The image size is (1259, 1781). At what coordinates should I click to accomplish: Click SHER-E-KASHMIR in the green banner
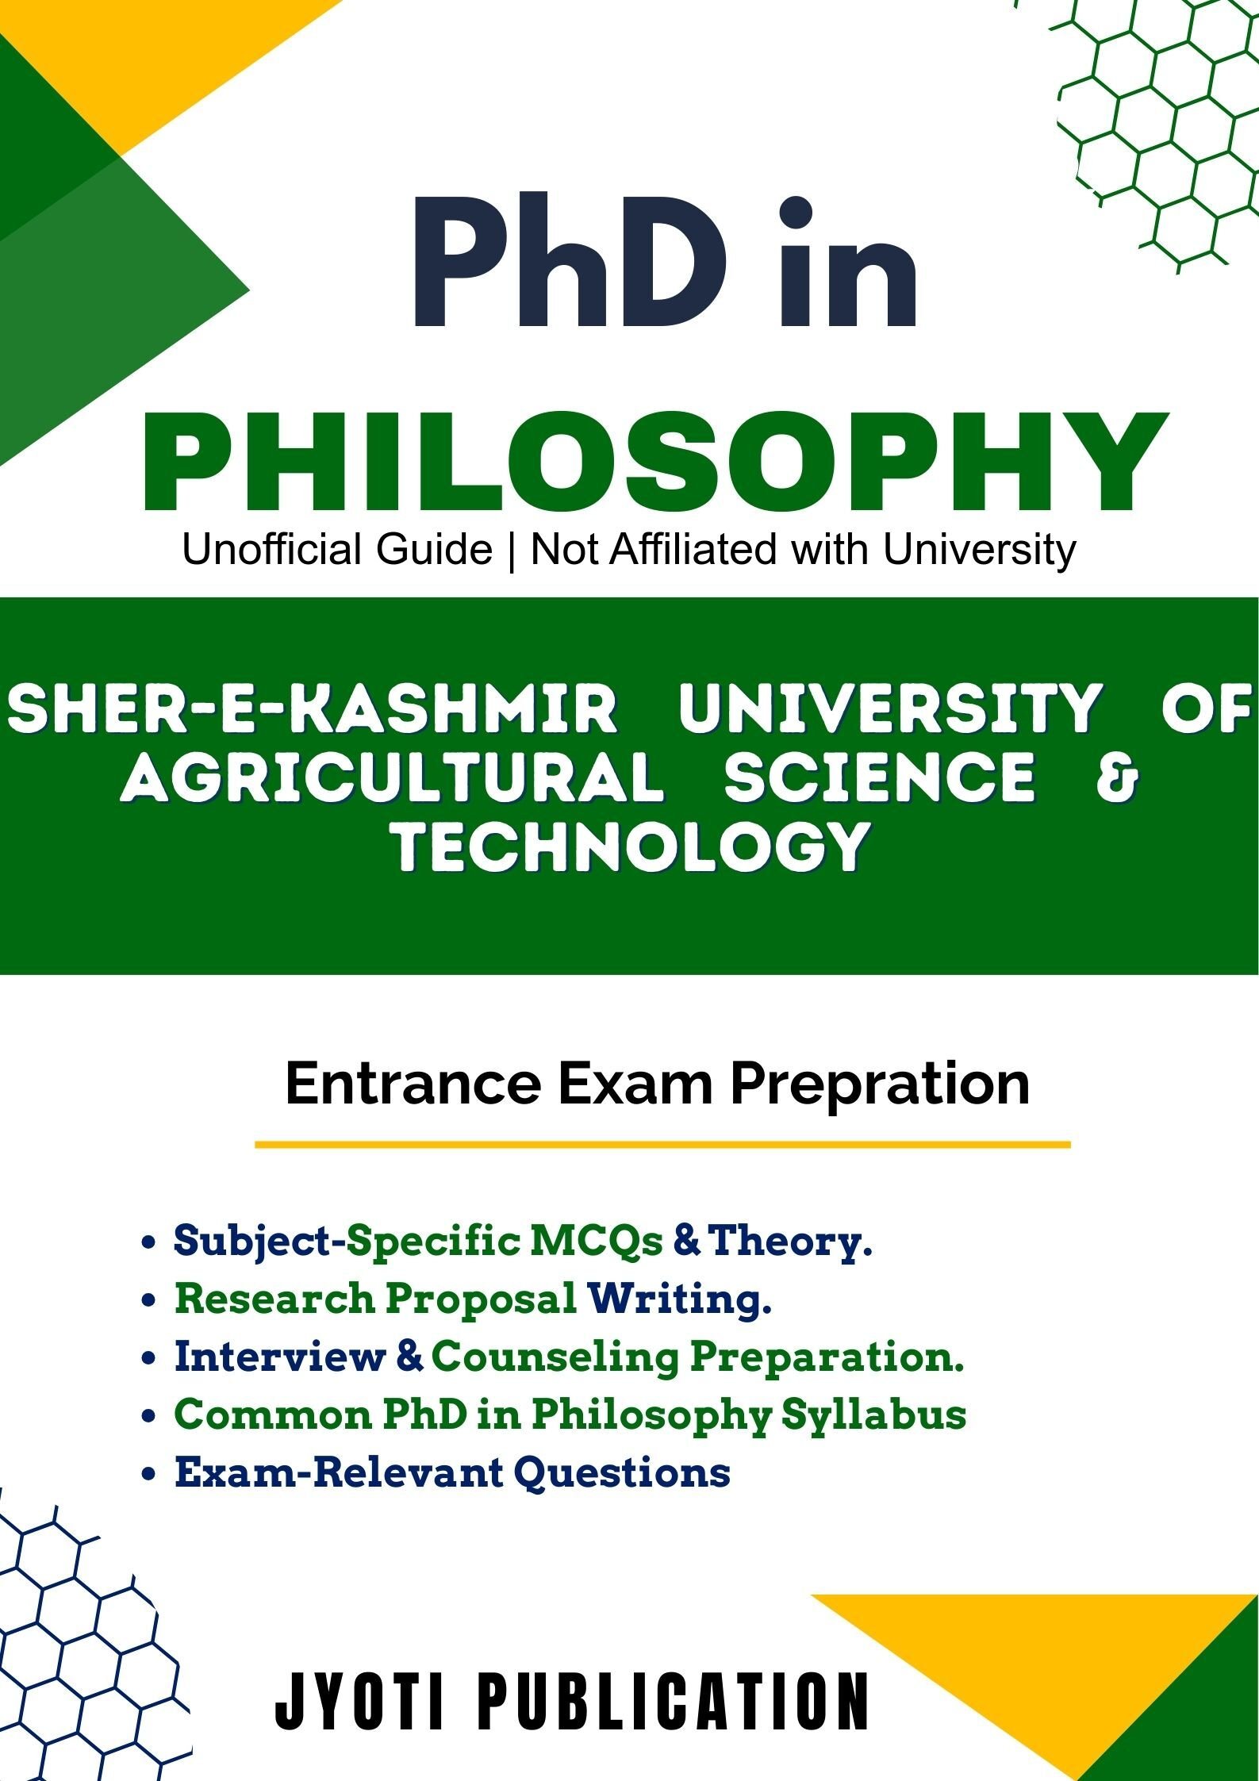(x=311, y=708)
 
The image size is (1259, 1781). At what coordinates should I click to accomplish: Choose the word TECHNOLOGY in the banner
(x=630, y=846)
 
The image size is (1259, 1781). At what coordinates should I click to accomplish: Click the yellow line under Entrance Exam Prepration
(x=662, y=1145)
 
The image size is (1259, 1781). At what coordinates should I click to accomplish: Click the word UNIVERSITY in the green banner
(x=889, y=708)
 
